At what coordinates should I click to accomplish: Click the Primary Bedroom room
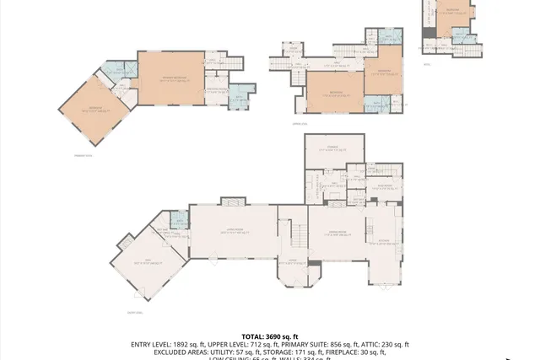pyautogui.click(x=171, y=78)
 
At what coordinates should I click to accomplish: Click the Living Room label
pyautogui.click(x=232, y=231)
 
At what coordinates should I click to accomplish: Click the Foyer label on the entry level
pyautogui.click(x=292, y=261)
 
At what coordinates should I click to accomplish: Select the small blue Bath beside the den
pyautogui.click(x=178, y=222)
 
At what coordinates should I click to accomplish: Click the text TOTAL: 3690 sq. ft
pyautogui.click(x=270, y=336)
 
